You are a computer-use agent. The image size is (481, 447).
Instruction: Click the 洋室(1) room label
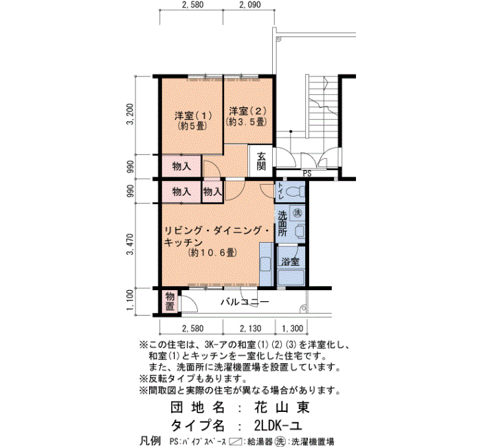[193, 116]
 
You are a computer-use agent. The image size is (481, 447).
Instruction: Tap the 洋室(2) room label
[248, 111]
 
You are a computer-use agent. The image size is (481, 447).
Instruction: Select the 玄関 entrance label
[261, 161]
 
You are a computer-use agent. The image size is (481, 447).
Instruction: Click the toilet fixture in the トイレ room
[295, 193]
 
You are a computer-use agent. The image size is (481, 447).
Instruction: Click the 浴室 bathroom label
[291, 261]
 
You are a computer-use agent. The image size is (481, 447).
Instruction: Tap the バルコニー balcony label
[245, 302]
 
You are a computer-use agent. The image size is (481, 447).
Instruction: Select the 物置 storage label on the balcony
[170, 301]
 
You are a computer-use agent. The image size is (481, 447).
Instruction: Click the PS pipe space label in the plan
[307, 173]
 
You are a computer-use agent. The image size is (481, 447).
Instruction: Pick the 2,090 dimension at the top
[249, 5]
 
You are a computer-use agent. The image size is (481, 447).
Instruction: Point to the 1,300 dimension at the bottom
[292, 329]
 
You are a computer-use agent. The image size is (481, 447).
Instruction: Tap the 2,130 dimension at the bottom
[251, 329]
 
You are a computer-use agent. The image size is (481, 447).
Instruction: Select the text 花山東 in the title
[282, 407]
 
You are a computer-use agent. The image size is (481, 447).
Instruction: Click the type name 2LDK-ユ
[278, 425]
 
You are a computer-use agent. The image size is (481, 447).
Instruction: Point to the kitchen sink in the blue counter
[265, 264]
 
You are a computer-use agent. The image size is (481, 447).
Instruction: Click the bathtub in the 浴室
[291, 278]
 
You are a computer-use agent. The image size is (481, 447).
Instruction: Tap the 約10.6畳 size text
[212, 252]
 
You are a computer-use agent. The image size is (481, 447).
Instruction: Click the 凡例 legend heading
[150, 441]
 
